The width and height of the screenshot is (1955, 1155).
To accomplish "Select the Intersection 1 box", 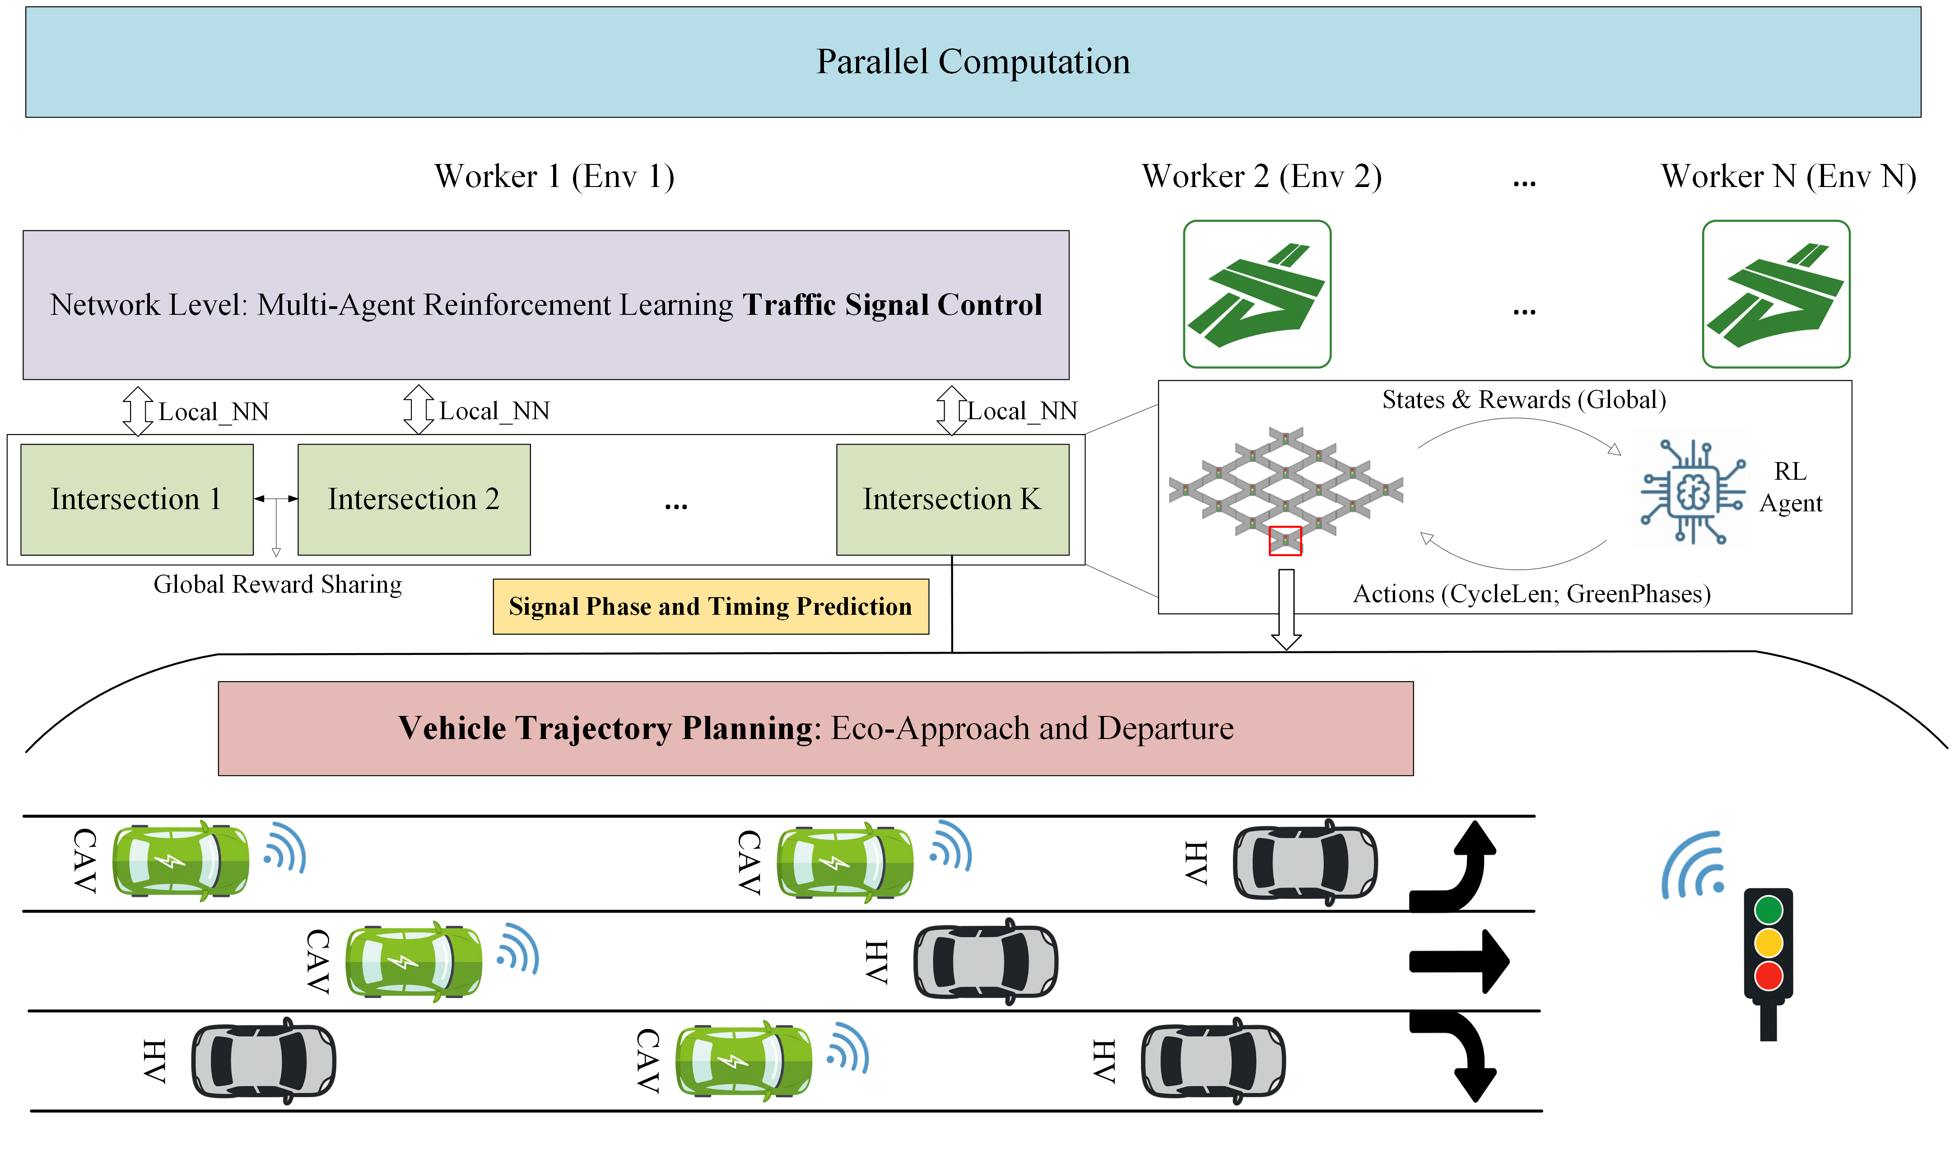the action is click(137, 500).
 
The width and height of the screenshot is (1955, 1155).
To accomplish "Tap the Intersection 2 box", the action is click(414, 500).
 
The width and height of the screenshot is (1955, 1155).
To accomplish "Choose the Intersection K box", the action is click(952, 500).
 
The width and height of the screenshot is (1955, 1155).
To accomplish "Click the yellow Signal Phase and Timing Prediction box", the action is click(710, 606).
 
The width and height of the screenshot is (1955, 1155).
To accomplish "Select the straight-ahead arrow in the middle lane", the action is click(1459, 961).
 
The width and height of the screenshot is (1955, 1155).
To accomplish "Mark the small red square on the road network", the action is click(1285, 541).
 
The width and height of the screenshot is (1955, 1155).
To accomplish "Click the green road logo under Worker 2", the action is click(1257, 294).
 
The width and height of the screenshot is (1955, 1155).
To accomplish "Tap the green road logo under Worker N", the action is click(1776, 294).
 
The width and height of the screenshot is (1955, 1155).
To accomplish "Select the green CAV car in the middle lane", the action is click(414, 962).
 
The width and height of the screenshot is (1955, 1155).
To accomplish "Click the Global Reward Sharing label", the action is click(278, 585).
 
